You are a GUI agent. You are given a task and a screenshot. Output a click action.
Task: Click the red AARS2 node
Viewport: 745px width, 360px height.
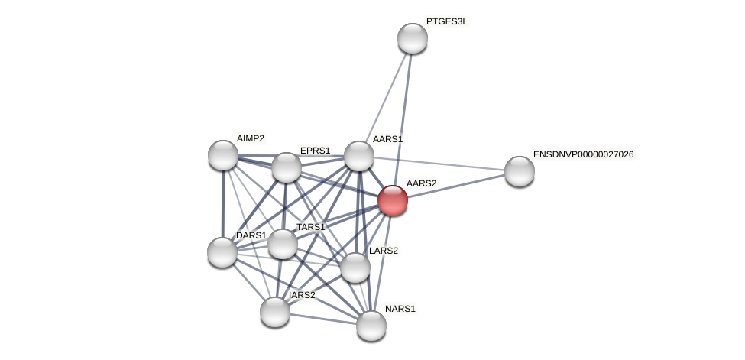(x=393, y=200)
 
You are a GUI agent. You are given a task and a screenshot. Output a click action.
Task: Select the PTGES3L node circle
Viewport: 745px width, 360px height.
(x=413, y=38)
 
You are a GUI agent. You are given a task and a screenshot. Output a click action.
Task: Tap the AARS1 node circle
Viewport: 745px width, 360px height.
(x=358, y=156)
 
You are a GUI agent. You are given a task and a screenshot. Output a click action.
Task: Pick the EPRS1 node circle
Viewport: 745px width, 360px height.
(x=287, y=167)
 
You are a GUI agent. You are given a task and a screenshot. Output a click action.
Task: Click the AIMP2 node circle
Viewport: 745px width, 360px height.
(x=223, y=155)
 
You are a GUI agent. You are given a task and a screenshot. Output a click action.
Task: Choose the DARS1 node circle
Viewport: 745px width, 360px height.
(x=222, y=252)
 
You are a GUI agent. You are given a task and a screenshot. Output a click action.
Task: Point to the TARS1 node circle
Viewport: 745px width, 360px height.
(x=282, y=244)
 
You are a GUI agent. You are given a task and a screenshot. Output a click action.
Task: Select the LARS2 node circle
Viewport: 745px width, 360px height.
(x=355, y=268)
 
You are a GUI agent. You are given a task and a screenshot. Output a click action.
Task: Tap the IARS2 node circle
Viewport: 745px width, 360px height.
(x=275, y=311)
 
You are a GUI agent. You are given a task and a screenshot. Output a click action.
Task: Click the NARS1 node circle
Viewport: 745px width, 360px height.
(x=371, y=326)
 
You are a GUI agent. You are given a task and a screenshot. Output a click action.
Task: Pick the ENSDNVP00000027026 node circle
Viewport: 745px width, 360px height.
(x=520, y=171)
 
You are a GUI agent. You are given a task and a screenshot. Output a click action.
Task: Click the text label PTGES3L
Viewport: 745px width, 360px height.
(x=446, y=21)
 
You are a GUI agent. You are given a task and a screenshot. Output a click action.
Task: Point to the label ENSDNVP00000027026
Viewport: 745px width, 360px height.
(x=583, y=154)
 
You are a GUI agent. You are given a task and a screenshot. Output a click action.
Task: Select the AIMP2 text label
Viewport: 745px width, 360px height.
(x=250, y=138)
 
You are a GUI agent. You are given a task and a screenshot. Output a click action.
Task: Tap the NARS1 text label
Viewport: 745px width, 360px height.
(x=400, y=309)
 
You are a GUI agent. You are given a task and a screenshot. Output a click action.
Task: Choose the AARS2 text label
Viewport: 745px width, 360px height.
(x=421, y=183)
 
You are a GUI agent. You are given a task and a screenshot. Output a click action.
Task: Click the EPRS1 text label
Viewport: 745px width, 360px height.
(x=315, y=151)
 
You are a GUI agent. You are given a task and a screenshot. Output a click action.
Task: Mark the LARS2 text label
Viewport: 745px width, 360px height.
(x=383, y=251)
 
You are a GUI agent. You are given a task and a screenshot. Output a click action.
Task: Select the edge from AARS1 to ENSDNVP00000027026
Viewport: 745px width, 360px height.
(x=439, y=164)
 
